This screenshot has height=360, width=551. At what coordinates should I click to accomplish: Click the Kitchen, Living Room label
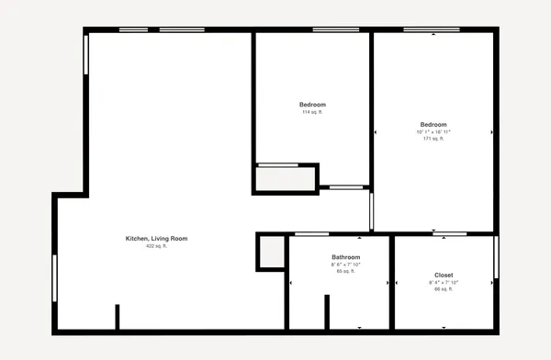[156, 239]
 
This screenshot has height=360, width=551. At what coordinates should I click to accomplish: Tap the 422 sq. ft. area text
[156, 246]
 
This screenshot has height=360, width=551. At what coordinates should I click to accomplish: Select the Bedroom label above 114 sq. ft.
[312, 105]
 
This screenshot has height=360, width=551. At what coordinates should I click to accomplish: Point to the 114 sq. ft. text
[312, 112]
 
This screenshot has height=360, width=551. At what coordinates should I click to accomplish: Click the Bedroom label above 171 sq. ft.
[433, 125]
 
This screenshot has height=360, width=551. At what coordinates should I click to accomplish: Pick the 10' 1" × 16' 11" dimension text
[433, 132]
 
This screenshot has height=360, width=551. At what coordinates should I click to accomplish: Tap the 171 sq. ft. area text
[433, 140]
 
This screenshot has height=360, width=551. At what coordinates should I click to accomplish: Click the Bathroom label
[345, 257]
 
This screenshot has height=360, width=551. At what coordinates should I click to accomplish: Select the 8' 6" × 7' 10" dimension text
[345, 264]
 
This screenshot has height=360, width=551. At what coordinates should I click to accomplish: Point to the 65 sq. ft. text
[345, 272]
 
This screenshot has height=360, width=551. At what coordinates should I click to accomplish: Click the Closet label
[444, 275]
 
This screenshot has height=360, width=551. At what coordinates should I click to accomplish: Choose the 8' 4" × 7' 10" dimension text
[444, 282]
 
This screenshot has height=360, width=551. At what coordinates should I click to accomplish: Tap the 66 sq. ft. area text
[444, 289]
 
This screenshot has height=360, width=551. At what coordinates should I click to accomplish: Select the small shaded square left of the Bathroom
[270, 251]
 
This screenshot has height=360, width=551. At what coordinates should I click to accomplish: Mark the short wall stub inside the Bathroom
[327, 311]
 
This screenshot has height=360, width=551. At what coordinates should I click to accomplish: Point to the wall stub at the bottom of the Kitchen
[117, 316]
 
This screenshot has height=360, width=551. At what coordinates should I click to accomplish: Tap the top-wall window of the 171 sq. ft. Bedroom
[433, 30]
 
